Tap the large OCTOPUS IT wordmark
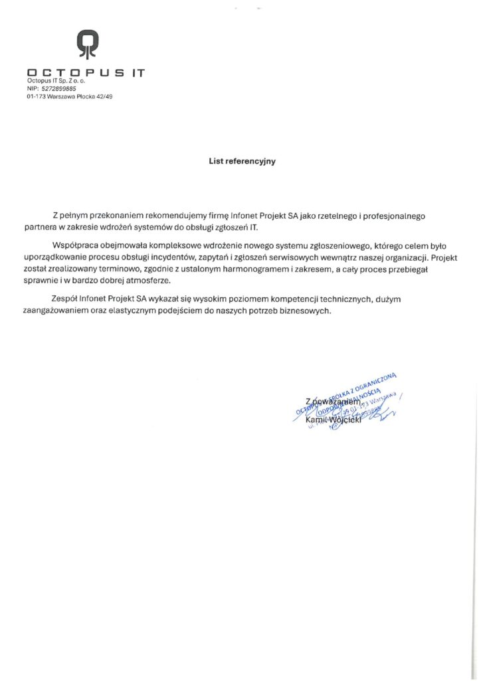click(x=86, y=72)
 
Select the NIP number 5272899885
click(x=58, y=88)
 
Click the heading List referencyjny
click(x=242, y=161)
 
